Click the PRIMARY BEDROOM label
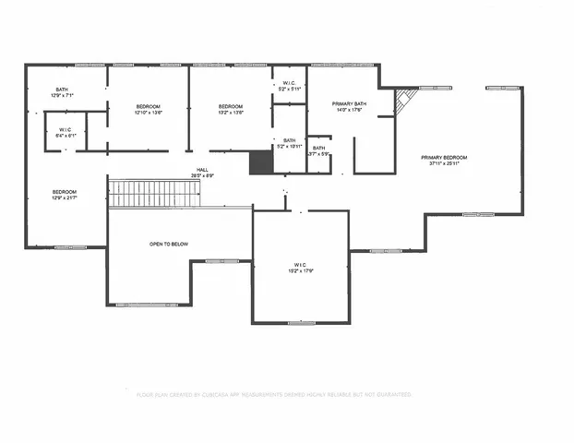tap(444, 158)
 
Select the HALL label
tap(202, 170)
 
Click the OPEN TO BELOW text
tap(169, 244)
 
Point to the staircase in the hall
tap(155, 194)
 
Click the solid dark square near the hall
tap(261, 162)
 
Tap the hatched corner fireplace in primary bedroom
tap(405, 101)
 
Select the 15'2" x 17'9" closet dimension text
tap(300, 270)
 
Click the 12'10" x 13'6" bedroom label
tap(149, 113)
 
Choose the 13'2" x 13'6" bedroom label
tap(230, 113)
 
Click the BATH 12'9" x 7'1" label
tap(61, 91)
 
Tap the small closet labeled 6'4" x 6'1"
tap(65, 132)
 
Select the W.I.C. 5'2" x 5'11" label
tap(288, 86)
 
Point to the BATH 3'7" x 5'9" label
tap(318, 152)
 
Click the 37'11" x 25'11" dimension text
tap(444, 164)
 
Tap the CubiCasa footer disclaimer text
tap(273, 394)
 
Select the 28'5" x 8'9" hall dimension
tap(202, 175)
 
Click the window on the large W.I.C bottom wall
tap(300, 323)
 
